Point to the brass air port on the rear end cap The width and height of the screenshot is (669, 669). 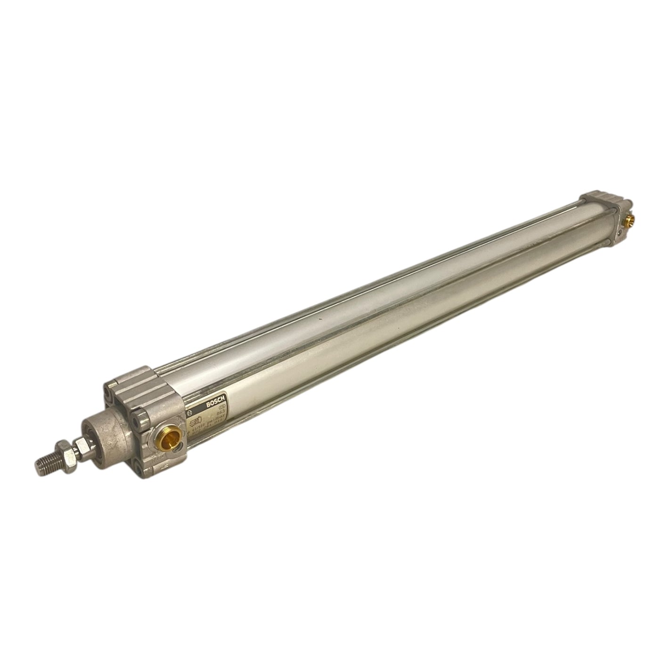[x=629, y=218]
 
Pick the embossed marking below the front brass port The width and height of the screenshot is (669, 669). [x=163, y=466]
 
